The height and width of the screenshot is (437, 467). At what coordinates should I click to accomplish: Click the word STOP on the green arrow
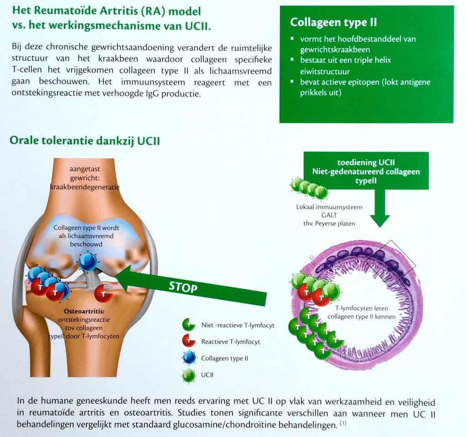click(x=183, y=287)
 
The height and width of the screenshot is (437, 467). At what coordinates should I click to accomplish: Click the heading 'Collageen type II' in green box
click(x=333, y=22)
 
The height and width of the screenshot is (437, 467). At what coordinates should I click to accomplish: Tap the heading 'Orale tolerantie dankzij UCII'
click(x=85, y=140)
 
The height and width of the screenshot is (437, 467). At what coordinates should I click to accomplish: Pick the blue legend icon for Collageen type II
click(x=189, y=358)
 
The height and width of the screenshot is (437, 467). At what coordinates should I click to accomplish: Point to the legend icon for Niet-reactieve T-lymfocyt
click(x=188, y=324)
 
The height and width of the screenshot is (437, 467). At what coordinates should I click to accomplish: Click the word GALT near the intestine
click(x=329, y=215)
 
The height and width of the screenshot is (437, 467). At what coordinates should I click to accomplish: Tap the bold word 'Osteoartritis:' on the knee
click(x=84, y=311)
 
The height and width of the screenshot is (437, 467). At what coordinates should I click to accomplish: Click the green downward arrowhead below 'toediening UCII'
click(x=380, y=221)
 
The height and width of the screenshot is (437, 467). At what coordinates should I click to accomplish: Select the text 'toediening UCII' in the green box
click(x=366, y=162)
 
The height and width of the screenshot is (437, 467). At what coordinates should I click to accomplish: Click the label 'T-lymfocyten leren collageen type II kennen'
click(x=362, y=312)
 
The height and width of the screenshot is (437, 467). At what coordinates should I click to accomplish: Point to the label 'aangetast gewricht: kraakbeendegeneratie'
click(x=85, y=178)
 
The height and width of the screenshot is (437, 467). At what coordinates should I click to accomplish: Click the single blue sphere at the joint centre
click(x=88, y=262)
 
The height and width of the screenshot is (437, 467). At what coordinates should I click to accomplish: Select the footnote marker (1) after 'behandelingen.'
click(x=343, y=423)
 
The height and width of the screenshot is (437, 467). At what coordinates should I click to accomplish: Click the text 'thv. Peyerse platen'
click(x=329, y=224)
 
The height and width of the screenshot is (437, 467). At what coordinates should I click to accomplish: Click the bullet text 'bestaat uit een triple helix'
click(x=346, y=60)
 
